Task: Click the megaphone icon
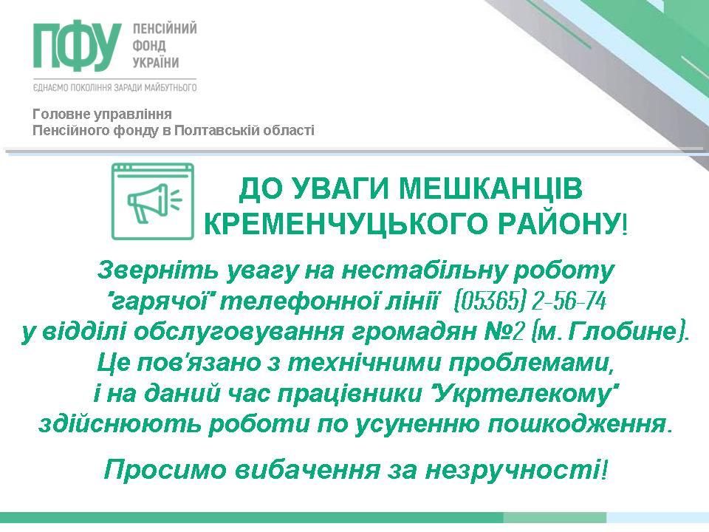[x=154, y=201]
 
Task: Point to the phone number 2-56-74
[x=569, y=301]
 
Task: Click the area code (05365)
[x=490, y=301]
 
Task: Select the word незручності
[x=512, y=470]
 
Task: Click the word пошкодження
[x=576, y=424]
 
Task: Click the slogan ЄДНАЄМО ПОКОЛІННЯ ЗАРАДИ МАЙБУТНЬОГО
[x=115, y=87]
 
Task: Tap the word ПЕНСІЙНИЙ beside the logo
[x=165, y=29]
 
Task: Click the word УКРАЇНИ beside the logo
[x=156, y=62]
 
